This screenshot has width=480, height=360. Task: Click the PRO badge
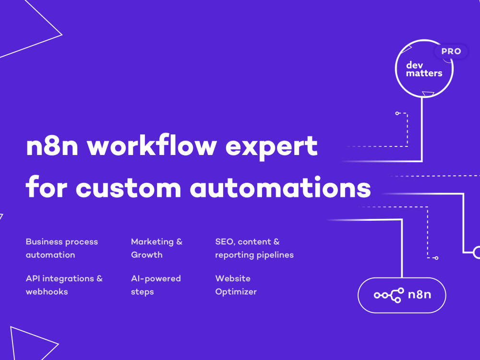451,51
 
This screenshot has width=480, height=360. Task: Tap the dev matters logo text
424,69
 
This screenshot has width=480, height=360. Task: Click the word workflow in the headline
152,146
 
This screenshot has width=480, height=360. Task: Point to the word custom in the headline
129,188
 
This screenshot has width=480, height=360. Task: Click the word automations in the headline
280,187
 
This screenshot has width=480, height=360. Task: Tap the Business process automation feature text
62,248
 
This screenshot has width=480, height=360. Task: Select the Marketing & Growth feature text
157,248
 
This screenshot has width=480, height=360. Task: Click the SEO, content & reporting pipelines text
254,248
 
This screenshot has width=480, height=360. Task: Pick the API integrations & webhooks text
64,285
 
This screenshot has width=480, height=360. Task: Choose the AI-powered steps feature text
156,285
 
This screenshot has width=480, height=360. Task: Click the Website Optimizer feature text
236,285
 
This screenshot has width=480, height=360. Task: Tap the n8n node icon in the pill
389,295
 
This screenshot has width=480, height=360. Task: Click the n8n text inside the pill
420,295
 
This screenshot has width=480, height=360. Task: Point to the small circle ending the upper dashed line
397,113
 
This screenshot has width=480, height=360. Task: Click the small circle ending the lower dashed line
436,258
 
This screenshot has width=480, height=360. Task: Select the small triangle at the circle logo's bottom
428,94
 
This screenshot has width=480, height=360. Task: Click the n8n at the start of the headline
52,146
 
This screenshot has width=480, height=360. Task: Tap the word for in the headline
47,186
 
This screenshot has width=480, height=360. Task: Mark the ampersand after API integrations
99,278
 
